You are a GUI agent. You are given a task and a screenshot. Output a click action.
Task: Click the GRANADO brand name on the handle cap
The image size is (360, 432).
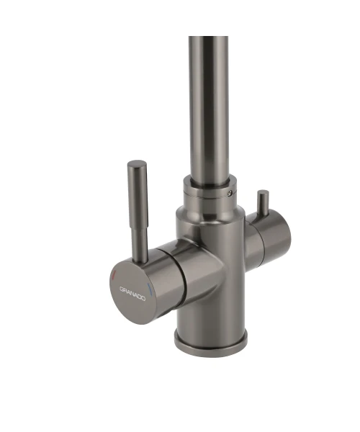132,294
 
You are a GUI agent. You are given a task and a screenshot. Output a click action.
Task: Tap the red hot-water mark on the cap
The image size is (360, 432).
114,275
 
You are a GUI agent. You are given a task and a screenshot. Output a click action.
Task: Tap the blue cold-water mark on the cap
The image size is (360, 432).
150,288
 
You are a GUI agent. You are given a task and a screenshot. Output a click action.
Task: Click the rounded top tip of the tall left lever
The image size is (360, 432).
137,163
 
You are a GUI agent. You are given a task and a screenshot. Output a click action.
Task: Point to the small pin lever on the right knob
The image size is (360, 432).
263,202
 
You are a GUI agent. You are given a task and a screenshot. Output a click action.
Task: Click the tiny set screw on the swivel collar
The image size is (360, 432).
230,193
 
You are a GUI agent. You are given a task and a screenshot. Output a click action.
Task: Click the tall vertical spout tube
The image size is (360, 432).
210,107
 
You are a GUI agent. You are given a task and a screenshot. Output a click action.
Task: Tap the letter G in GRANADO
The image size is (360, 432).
122,289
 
